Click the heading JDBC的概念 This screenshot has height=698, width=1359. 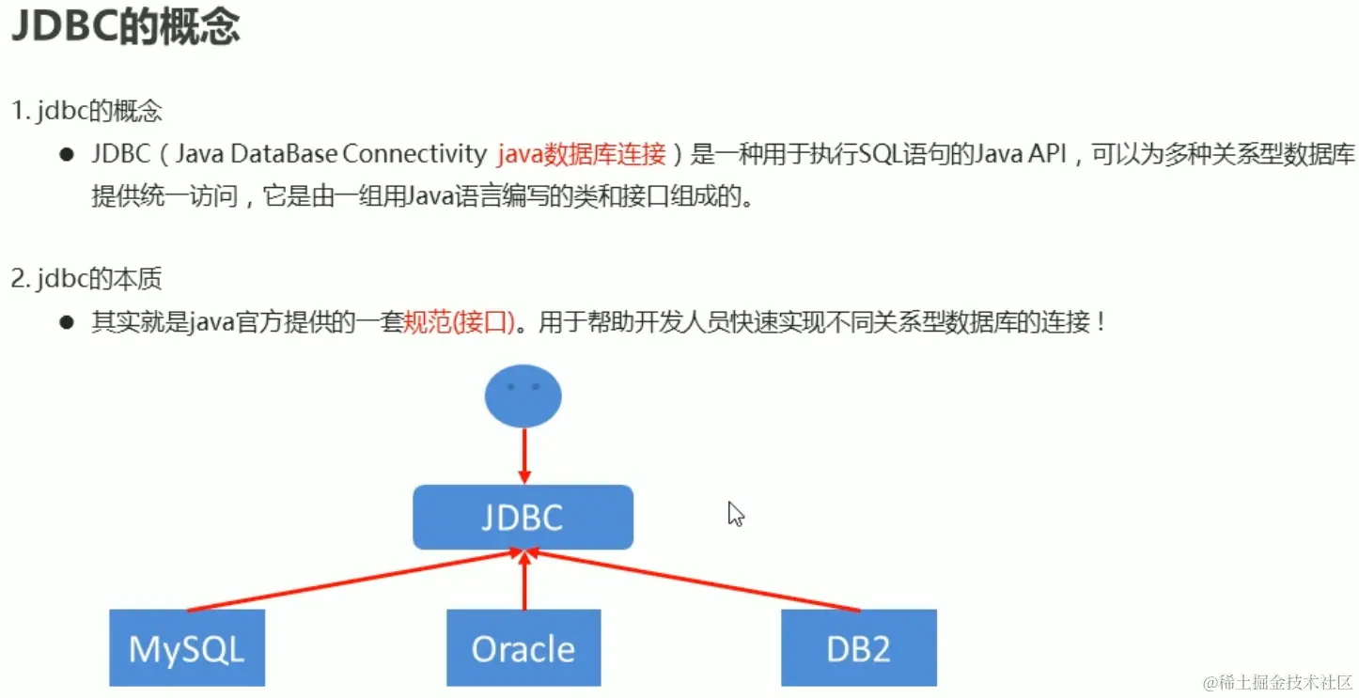coord(125,28)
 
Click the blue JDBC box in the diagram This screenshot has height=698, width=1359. coord(523,517)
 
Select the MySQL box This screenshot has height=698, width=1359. coord(186,648)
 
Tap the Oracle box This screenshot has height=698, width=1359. coord(523,648)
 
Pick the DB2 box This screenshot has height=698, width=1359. coord(858,648)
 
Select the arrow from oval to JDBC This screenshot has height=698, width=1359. coord(523,455)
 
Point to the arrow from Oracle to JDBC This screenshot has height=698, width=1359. coord(523,582)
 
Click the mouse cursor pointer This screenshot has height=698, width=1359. coord(735,513)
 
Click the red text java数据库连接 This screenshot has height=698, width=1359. coord(581,154)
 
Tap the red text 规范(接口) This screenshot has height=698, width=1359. coord(459,322)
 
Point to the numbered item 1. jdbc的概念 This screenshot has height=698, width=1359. coord(86,111)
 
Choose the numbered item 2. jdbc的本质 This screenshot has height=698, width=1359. coord(86,278)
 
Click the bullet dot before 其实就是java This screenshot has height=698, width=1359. coord(67,322)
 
